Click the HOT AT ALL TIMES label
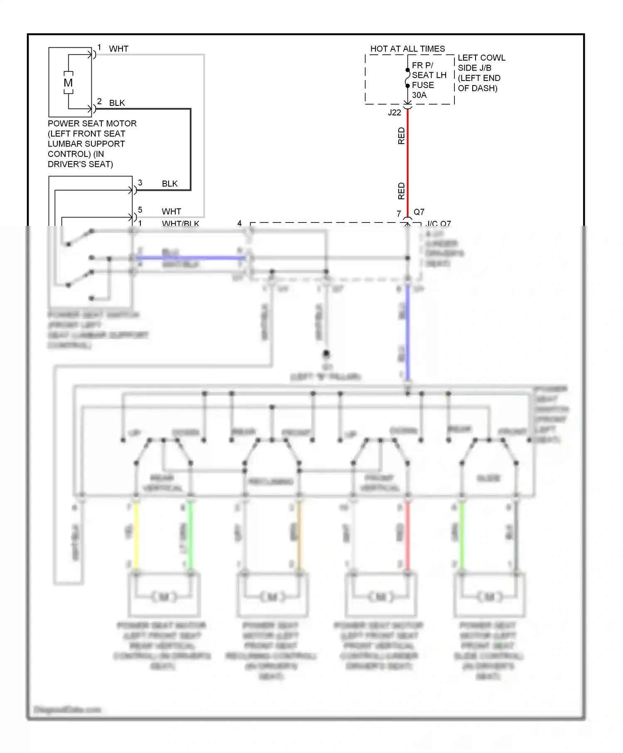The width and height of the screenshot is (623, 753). (407, 49)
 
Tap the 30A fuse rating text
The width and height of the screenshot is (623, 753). (419, 95)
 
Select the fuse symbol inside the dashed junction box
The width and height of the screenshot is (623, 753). (407, 78)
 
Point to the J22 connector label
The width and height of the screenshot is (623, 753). (394, 112)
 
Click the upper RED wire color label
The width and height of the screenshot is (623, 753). (401, 136)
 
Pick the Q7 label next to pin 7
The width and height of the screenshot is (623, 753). (419, 212)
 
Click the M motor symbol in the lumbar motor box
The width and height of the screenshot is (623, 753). (68, 83)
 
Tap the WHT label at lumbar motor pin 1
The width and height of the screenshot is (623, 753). (119, 49)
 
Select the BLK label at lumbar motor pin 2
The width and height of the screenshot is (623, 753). (117, 103)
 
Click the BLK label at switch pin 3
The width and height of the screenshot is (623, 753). (169, 183)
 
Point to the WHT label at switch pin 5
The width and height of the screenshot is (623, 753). (171, 211)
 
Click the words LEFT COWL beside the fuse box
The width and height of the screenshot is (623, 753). (481, 58)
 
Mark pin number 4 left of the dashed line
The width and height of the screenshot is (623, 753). (239, 223)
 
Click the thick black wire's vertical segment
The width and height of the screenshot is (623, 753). (190, 149)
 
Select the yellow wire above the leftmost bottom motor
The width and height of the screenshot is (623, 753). (136, 535)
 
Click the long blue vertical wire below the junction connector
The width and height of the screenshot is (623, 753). (407, 332)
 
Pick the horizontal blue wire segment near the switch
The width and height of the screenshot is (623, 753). (191, 258)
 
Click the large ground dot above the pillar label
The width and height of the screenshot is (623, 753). (326, 354)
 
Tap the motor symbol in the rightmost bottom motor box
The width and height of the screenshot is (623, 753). (490, 597)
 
